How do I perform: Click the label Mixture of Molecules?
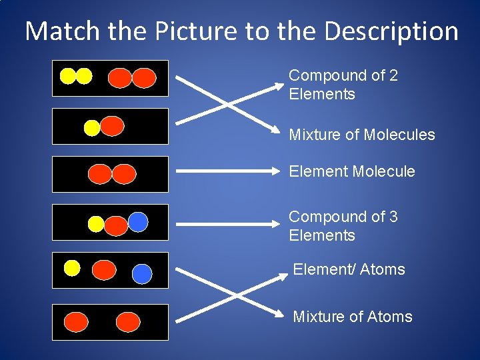[x=361, y=135]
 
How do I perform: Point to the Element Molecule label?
[x=351, y=171]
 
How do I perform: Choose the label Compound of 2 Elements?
[x=343, y=85]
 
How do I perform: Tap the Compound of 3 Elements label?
[x=343, y=226]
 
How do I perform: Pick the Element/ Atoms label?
[x=349, y=269]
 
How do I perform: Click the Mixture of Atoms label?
[x=352, y=317]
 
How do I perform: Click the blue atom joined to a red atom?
[x=138, y=221]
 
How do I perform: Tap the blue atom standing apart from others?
[x=142, y=273]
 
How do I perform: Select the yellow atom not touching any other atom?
[x=72, y=268]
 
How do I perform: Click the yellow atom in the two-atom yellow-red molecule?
[x=92, y=127]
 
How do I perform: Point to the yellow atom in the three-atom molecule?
[x=96, y=224]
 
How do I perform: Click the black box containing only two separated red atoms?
[x=110, y=322]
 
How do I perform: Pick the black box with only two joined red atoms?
[x=110, y=174]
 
